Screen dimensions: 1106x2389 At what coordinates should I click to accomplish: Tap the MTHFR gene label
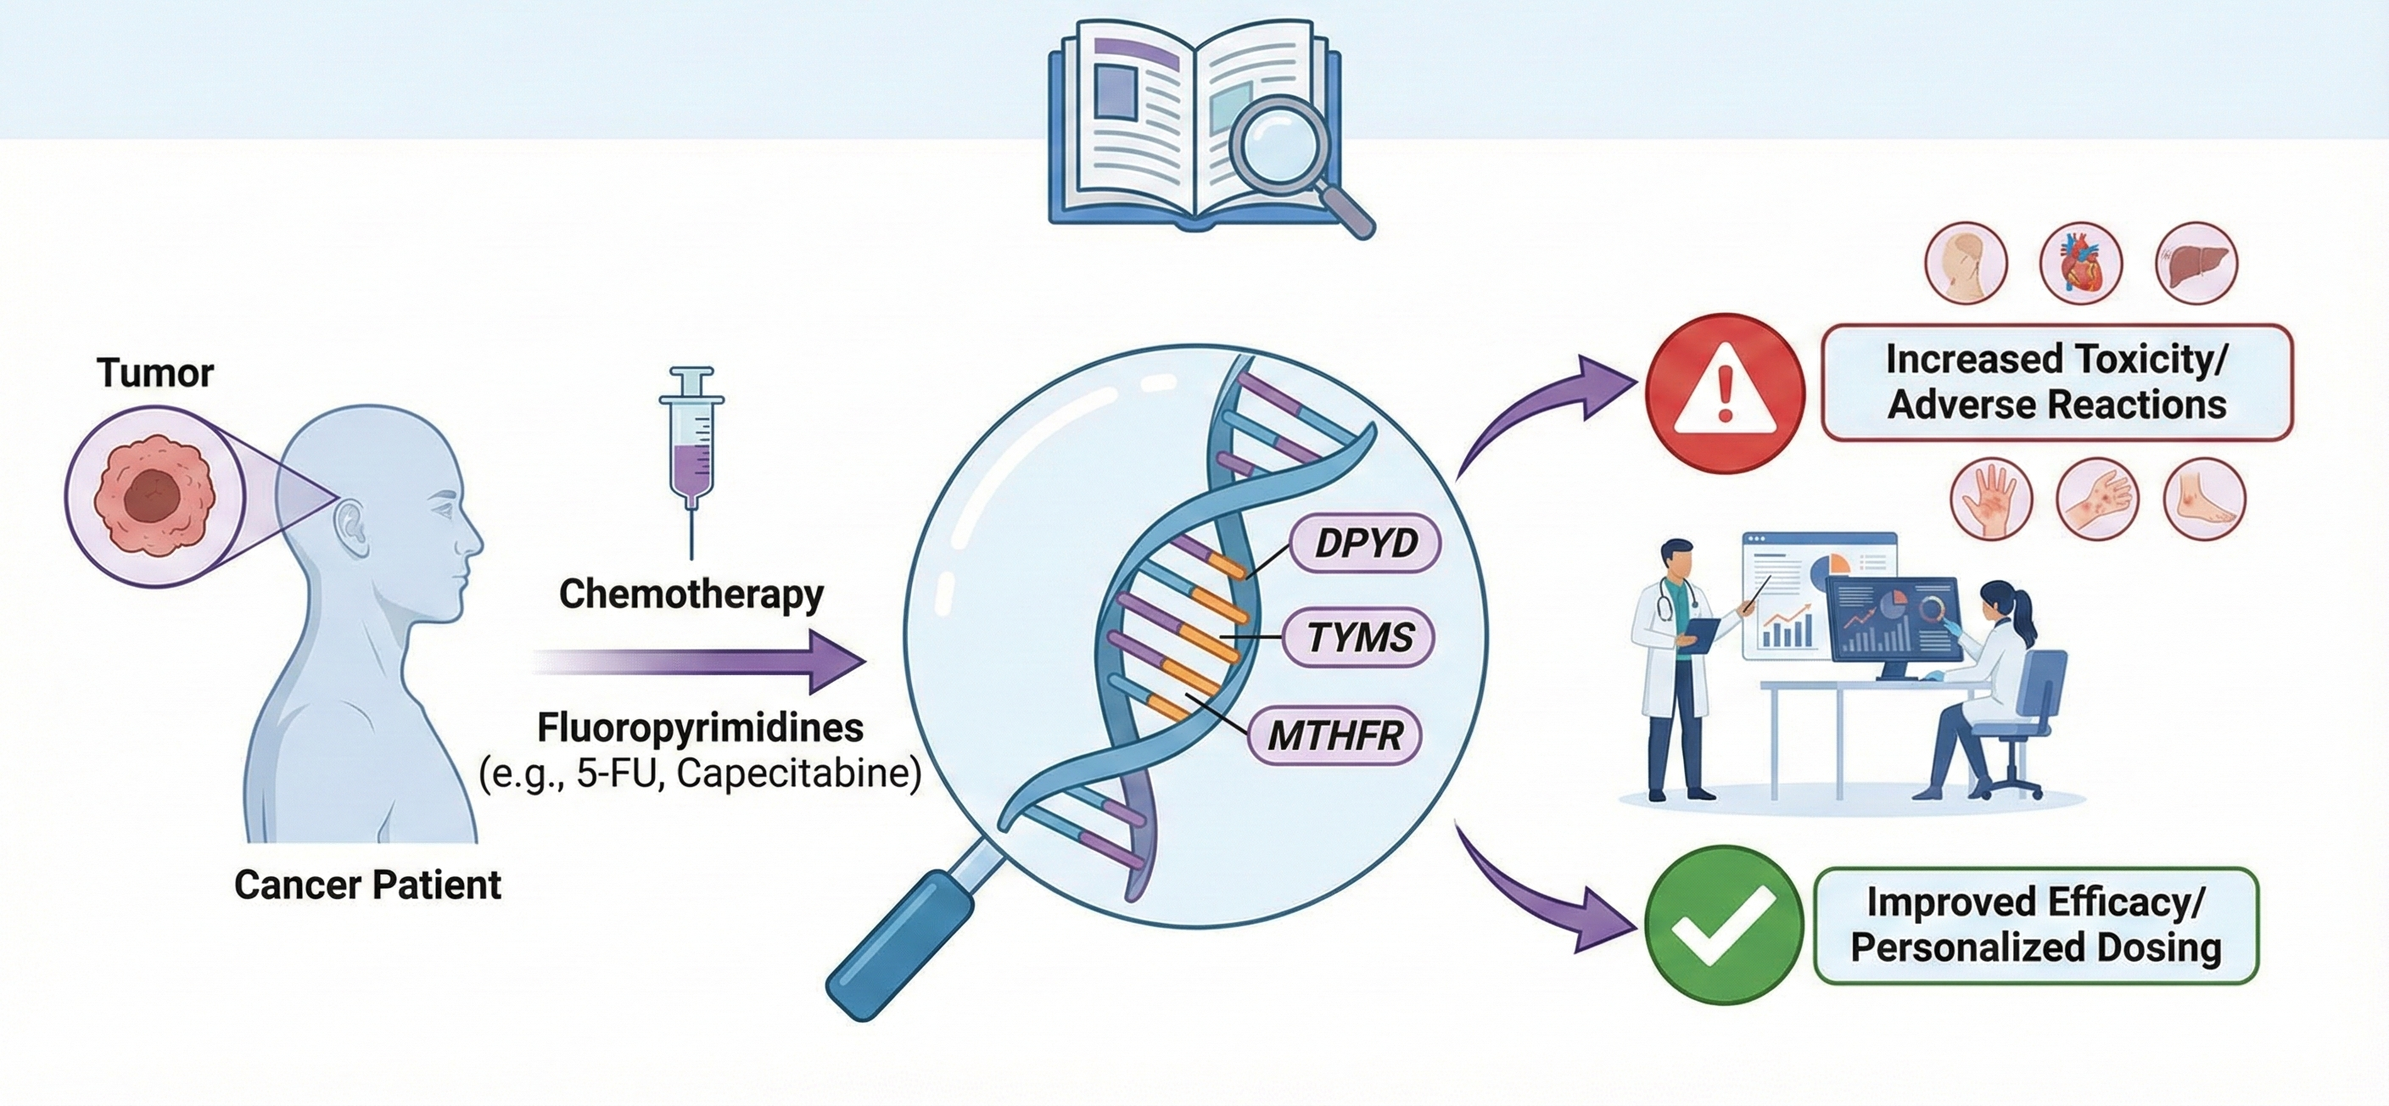click(x=1334, y=736)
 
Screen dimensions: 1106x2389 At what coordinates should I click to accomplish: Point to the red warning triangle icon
click(x=1725, y=394)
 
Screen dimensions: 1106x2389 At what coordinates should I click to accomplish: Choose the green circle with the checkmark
click(x=1724, y=924)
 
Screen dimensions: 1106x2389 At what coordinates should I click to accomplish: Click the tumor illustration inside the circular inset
click(x=154, y=498)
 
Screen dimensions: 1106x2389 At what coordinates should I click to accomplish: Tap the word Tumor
click(x=155, y=373)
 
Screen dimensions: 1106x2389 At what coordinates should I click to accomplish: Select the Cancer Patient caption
click(x=367, y=885)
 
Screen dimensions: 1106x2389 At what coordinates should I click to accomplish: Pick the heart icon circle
click(x=2081, y=262)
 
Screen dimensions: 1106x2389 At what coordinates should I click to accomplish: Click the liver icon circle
click(x=2196, y=262)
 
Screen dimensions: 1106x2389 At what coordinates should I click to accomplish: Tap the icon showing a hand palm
click(x=1991, y=499)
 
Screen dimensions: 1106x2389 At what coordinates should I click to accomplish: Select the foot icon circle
click(x=2204, y=499)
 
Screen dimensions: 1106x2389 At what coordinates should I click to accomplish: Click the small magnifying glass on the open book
click(x=1285, y=153)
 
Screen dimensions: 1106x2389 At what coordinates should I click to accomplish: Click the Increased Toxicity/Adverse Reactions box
click(x=2056, y=382)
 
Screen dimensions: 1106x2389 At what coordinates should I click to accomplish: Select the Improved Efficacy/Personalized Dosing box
click(x=2036, y=924)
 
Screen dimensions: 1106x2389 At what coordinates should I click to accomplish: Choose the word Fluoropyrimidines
click(x=700, y=728)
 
